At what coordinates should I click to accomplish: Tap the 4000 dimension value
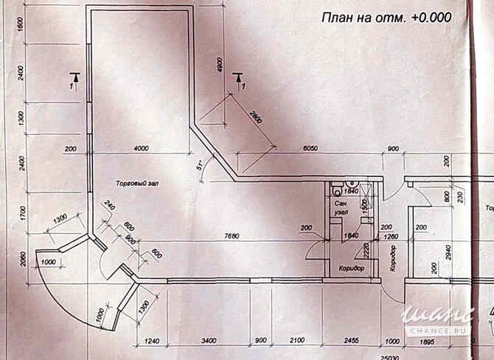click(x=140, y=148)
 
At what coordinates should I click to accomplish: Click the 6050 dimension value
click(x=310, y=148)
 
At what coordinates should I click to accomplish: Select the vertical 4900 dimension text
click(x=219, y=65)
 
